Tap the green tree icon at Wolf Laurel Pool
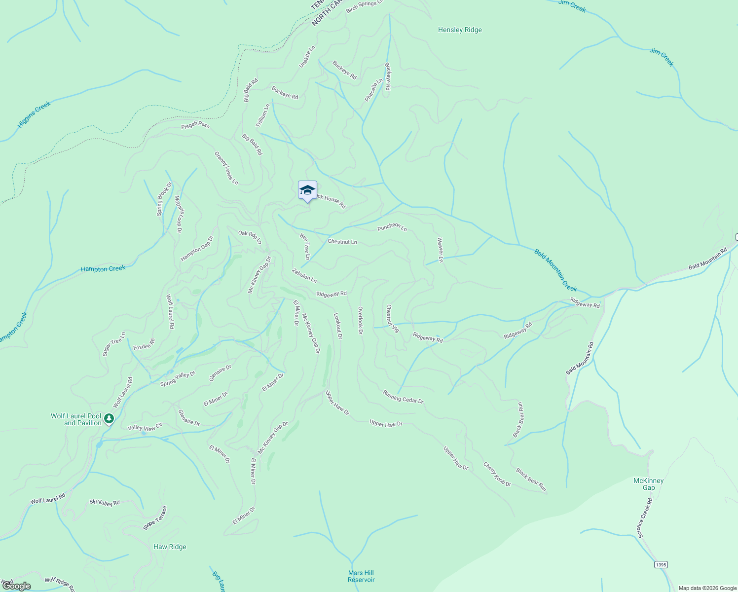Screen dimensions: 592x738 [109, 419]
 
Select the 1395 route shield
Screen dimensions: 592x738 [661, 564]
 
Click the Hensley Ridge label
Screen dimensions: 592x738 [460, 30]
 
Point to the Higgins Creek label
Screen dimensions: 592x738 [34, 115]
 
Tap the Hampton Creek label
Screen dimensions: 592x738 [103, 269]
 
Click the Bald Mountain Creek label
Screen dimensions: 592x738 [555, 270]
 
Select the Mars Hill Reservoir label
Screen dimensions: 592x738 [361, 576]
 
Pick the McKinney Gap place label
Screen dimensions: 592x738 [648, 484]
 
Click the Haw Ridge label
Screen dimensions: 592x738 [170, 547]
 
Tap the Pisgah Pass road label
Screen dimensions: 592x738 [195, 125]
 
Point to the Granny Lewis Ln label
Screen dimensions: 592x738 [226, 168]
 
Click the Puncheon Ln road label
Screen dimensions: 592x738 [392, 227]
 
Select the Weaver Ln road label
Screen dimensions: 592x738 [440, 250]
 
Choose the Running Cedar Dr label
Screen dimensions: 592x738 [403, 397]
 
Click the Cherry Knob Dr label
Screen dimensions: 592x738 [497, 474]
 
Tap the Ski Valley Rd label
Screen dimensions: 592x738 [105, 502]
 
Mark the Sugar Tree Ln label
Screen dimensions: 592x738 [114, 344]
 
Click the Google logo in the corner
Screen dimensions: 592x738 [17, 586]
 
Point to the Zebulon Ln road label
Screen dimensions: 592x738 [304, 275]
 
